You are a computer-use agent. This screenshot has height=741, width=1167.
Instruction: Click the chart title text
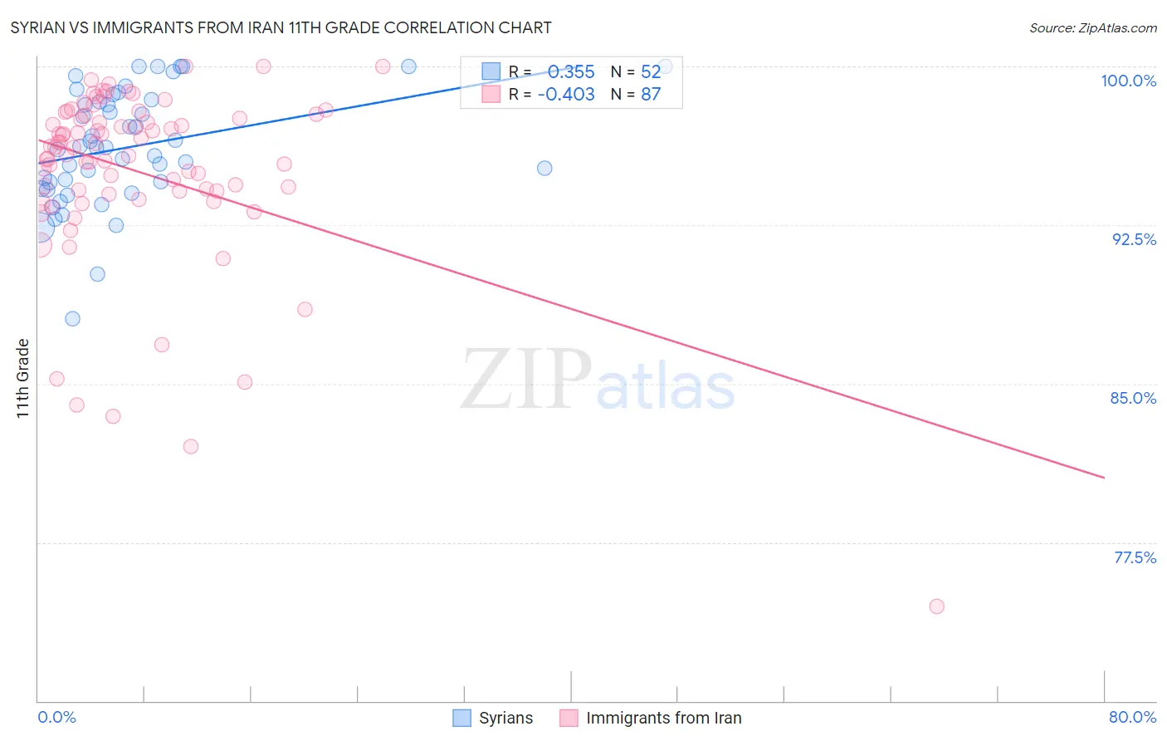tap(281, 27)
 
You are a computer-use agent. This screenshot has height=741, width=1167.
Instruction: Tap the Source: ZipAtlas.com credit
tap(1092, 27)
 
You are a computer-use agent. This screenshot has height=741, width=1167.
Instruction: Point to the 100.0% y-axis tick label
tap(1128, 81)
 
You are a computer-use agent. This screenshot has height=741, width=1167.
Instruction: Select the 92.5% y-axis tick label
tap(1134, 239)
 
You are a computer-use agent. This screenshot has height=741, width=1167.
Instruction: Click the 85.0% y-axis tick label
tap(1133, 398)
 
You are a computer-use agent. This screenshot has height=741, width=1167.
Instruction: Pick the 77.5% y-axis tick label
tap(1135, 557)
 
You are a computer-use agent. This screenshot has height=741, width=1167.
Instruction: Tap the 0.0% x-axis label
tap(56, 717)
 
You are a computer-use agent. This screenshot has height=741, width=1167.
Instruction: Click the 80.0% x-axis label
tap(1132, 717)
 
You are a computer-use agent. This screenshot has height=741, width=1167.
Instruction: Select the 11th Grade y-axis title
tap(23, 378)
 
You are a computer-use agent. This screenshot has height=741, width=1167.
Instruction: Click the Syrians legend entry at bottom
tap(493, 718)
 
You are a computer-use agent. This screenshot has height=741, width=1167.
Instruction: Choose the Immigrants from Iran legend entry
tap(651, 718)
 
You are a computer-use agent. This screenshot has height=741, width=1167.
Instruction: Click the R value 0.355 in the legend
tap(571, 71)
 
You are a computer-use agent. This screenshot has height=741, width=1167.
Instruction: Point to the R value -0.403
tap(566, 94)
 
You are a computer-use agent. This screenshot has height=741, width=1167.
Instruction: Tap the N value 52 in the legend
tap(651, 71)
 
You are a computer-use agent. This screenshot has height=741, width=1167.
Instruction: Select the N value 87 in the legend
tap(651, 94)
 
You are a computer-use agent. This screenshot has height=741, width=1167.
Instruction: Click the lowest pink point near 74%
tap(936, 606)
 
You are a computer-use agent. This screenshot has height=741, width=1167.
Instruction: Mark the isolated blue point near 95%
tap(544, 168)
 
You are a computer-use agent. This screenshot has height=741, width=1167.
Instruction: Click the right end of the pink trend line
tap(1104, 478)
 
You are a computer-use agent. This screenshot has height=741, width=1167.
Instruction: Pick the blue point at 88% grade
tap(72, 319)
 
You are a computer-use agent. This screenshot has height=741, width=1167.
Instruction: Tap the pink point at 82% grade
tap(191, 446)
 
